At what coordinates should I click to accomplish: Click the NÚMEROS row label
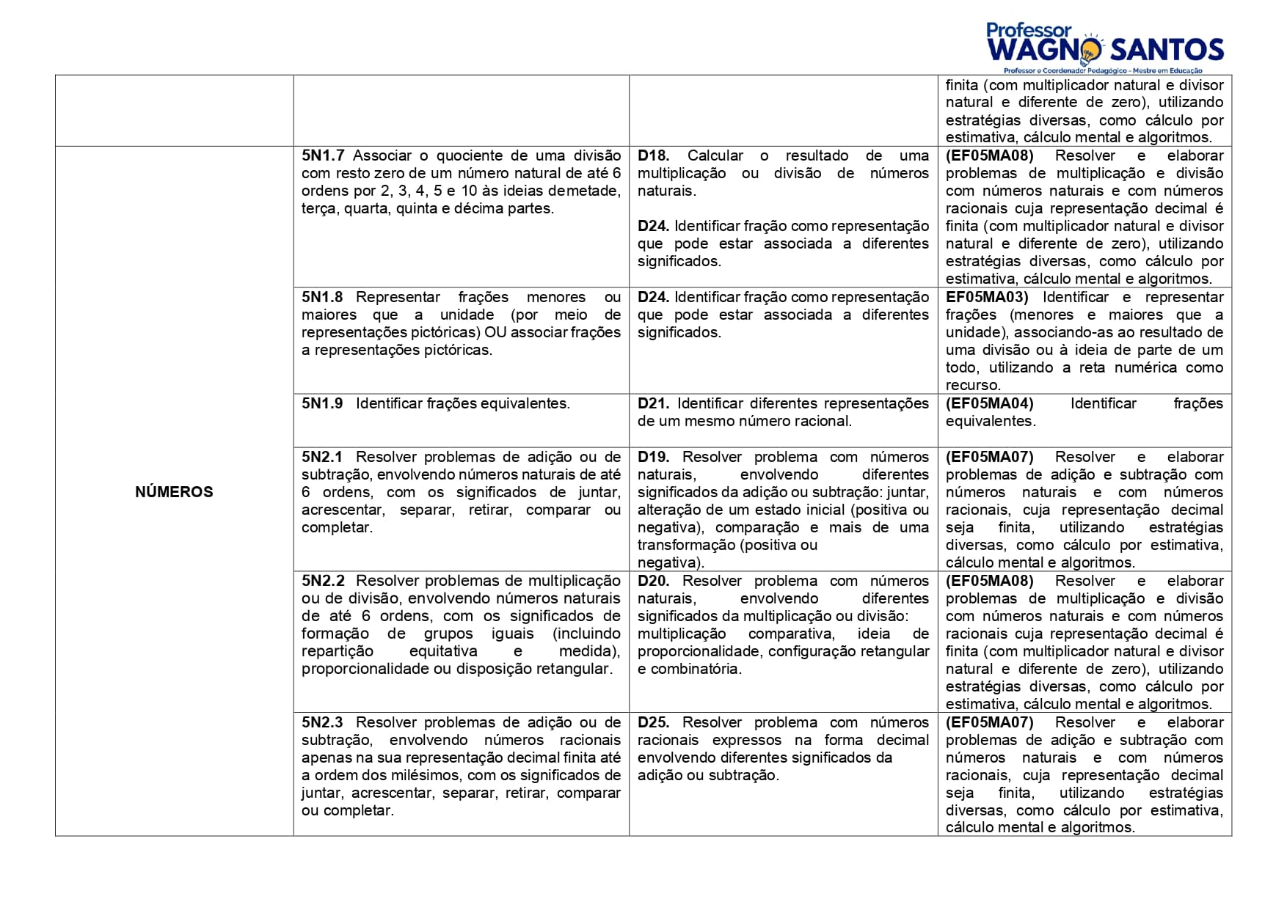[x=174, y=492]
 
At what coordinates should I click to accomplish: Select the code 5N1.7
[x=322, y=155]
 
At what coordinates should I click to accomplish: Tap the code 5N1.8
[x=322, y=297]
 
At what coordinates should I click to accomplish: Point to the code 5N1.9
[x=322, y=403]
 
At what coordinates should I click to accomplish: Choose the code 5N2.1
[x=322, y=457]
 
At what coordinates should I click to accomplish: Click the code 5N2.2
[x=322, y=581]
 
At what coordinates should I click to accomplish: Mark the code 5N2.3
[x=322, y=722]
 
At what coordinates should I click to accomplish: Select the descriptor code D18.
[x=653, y=155]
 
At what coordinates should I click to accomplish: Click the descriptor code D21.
[x=653, y=403]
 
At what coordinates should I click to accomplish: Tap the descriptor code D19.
[x=653, y=457]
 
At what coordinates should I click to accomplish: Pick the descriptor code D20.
[x=653, y=581]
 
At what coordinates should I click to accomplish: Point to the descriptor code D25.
[x=653, y=722]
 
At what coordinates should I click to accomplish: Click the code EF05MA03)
[x=987, y=297]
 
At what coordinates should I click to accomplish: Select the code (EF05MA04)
[x=989, y=403]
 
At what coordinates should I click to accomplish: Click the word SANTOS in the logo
[x=1167, y=50]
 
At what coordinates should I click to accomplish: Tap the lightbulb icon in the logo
[x=1091, y=48]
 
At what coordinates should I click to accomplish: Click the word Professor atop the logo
[x=1029, y=30]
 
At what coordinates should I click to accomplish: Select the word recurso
[x=972, y=385]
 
